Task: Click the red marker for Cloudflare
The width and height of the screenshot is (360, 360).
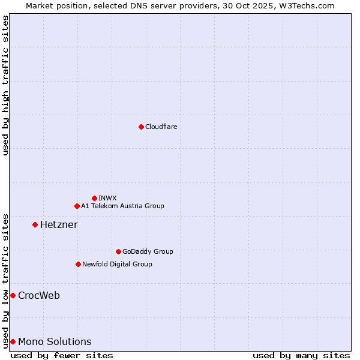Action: [x=141, y=127]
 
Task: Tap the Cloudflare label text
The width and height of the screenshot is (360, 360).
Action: [x=161, y=127]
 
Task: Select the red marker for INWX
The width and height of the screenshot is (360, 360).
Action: [x=94, y=198]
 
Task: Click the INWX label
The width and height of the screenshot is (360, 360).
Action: [x=107, y=198]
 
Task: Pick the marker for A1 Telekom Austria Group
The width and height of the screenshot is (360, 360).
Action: [x=77, y=206]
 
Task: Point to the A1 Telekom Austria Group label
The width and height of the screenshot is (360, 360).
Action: [x=122, y=206]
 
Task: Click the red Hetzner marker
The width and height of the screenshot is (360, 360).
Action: [x=35, y=224]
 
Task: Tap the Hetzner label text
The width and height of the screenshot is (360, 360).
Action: [x=59, y=224]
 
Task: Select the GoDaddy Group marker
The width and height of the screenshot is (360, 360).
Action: [x=118, y=251]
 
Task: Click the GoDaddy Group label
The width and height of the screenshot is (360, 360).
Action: [x=147, y=251]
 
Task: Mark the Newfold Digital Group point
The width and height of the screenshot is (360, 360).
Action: [x=78, y=264]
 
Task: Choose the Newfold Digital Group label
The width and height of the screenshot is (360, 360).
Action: [x=117, y=264]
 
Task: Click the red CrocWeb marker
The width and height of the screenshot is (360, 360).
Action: [x=13, y=295]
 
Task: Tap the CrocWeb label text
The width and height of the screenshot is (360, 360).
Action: [x=39, y=295]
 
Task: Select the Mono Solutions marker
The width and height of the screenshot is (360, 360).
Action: [x=13, y=341]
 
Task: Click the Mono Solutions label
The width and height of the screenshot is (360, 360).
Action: [x=55, y=341]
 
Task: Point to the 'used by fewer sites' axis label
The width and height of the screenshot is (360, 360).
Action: [x=62, y=355]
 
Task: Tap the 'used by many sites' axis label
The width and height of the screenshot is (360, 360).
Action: [x=301, y=355]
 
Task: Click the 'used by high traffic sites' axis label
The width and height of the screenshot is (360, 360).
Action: [x=5, y=85]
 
